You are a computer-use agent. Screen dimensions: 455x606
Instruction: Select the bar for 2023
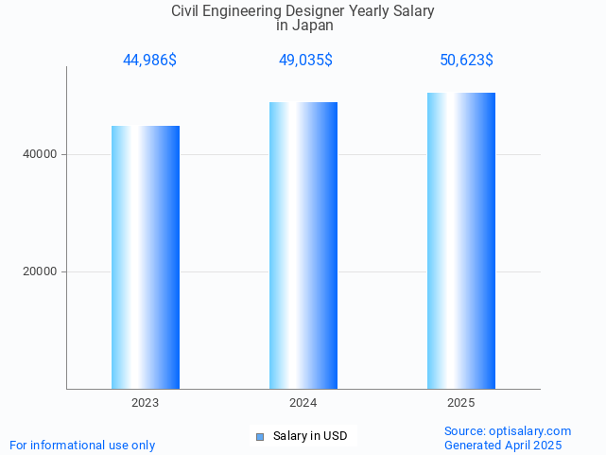click(146, 257)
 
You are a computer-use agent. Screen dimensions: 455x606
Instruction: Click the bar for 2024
click(303, 246)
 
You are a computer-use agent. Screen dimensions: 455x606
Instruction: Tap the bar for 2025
click(461, 241)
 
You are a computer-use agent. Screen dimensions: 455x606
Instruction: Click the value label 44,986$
click(149, 61)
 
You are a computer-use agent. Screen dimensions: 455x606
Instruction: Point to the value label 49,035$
click(304, 61)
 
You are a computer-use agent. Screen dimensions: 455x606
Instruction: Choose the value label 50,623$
click(466, 61)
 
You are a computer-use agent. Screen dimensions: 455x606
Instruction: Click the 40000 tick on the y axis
click(39, 154)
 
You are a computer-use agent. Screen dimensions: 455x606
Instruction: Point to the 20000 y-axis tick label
click(39, 271)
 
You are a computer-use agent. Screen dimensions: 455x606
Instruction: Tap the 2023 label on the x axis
click(146, 403)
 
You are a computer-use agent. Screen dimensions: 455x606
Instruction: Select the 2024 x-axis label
click(303, 403)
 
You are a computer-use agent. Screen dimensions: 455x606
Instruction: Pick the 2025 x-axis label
click(461, 403)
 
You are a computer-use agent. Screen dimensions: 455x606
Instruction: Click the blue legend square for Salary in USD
click(260, 436)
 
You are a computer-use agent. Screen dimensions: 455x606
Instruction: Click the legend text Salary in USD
click(310, 436)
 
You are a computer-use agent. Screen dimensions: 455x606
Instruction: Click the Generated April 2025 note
click(503, 446)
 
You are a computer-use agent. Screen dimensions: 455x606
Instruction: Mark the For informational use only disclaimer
click(82, 446)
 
